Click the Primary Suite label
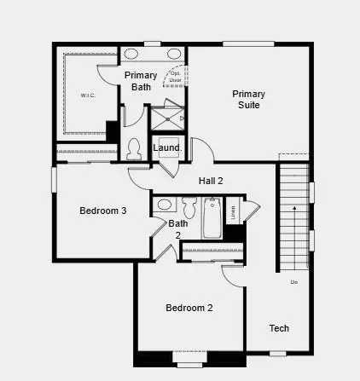[x=248, y=99]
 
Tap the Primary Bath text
[x=141, y=81]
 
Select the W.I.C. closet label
[x=89, y=95]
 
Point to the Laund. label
[x=167, y=148]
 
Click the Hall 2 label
[x=211, y=181]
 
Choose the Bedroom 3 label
[x=103, y=211]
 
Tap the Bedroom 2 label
[x=189, y=308]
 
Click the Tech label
[x=279, y=328]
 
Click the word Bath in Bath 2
[x=177, y=224]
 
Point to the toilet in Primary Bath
[x=133, y=150]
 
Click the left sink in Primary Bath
[x=132, y=54]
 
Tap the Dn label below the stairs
[x=293, y=281]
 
